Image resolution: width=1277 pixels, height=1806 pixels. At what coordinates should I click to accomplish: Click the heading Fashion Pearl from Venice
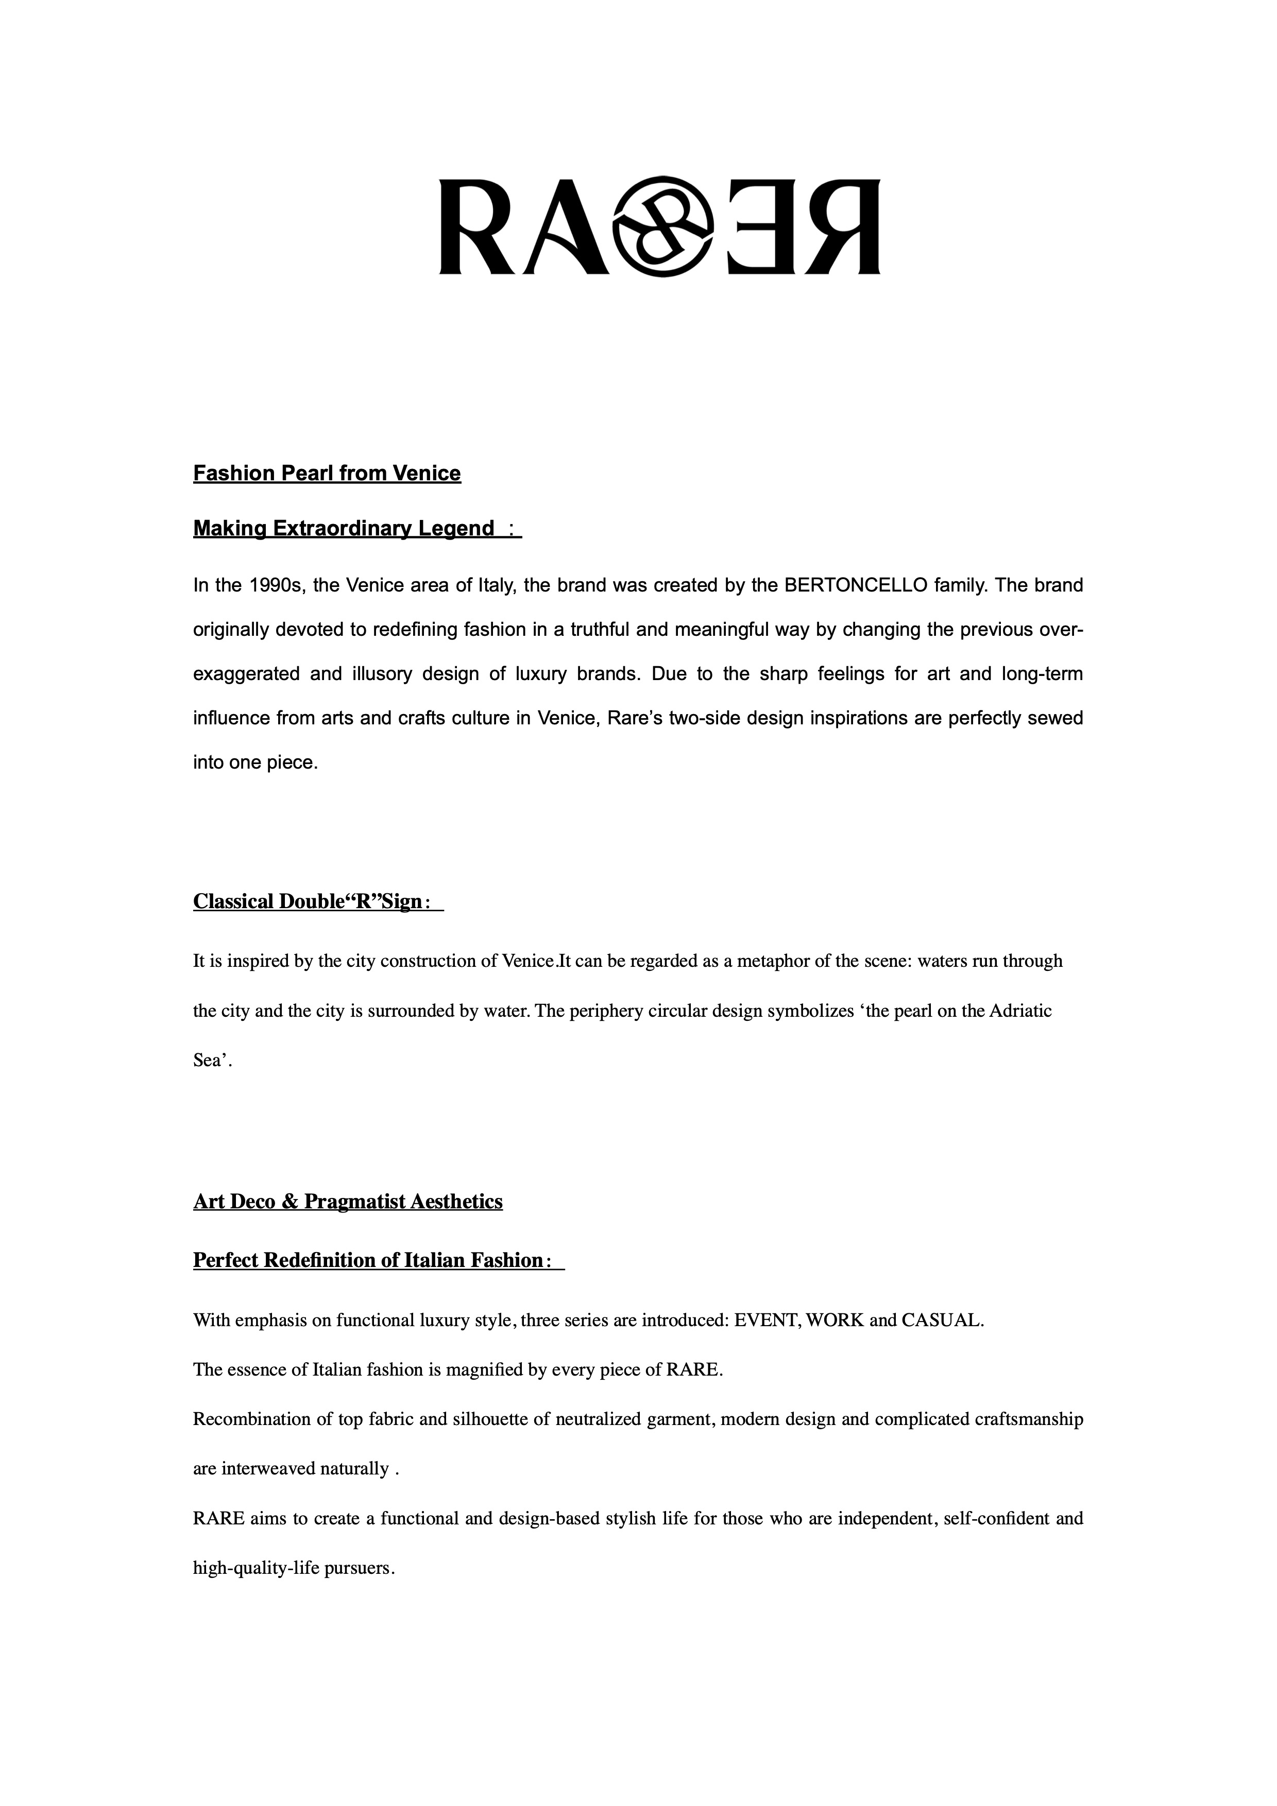[x=327, y=474]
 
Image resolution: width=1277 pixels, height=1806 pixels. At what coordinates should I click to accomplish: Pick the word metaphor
[x=762, y=961]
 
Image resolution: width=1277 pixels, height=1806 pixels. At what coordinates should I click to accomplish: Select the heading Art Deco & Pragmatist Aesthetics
[x=348, y=1202]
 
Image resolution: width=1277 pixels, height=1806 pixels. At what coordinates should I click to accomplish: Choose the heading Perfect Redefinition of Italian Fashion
[x=368, y=1261]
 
